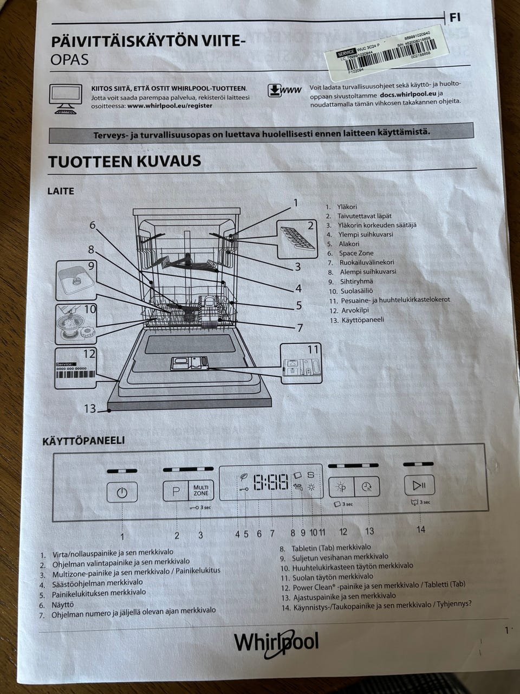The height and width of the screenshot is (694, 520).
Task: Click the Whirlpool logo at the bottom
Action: pos(276,643)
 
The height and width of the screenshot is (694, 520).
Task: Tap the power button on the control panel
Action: pos(122,492)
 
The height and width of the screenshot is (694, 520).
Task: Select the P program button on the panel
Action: pos(175,491)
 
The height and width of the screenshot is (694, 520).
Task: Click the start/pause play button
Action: pos(419,485)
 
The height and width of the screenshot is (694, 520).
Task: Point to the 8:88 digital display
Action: pos(271,482)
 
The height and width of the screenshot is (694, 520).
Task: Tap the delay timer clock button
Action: pos(367,486)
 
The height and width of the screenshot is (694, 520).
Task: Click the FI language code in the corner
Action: pos(455,17)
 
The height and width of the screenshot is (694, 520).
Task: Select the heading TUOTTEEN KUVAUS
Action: pos(125,162)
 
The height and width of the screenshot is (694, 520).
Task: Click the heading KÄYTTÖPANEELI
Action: pos(83,441)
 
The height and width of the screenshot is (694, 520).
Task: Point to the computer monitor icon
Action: pos(66,98)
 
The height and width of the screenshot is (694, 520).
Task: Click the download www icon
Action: pos(284,90)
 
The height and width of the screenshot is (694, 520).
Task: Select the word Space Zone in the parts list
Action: pos(356,253)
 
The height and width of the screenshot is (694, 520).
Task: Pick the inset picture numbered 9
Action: pos(76,280)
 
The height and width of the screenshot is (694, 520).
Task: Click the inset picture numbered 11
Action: pos(301,362)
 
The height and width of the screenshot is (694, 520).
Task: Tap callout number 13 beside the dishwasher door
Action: pos(89,408)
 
